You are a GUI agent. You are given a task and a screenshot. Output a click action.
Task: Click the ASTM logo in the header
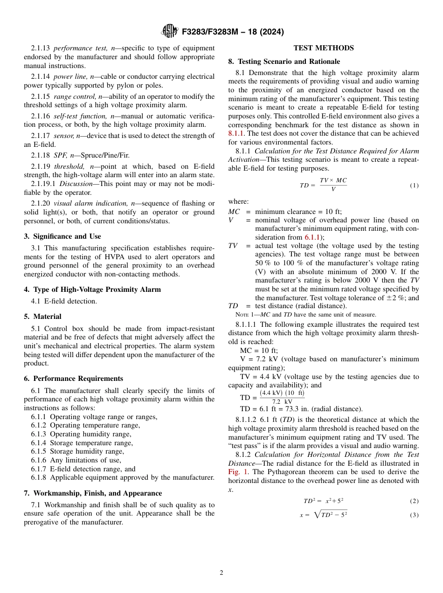(x=169, y=32)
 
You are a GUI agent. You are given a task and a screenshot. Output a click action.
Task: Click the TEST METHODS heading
(x=323, y=48)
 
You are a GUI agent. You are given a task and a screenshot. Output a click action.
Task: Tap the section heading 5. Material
(x=42, y=317)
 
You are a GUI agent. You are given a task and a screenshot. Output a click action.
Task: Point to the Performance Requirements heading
(x=73, y=379)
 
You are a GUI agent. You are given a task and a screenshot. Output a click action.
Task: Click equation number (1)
(x=414, y=186)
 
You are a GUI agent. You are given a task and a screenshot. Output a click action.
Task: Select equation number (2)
(x=414, y=501)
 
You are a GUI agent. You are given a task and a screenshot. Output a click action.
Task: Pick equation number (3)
(x=414, y=515)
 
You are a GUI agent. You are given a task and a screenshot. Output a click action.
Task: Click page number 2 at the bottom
(x=221, y=573)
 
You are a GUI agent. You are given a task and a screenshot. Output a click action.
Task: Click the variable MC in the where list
(x=234, y=212)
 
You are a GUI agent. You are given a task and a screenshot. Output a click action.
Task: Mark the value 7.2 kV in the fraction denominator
(x=282, y=401)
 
